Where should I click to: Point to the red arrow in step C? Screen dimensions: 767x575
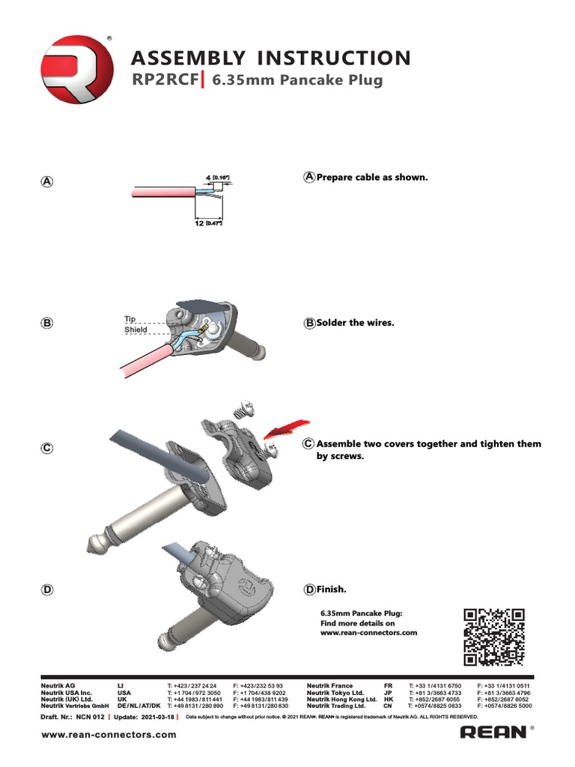(283, 426)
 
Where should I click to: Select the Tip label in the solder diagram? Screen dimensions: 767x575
(130, 320)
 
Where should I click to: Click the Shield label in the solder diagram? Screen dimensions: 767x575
(136, 330)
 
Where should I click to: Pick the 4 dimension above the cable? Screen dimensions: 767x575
(208, 178)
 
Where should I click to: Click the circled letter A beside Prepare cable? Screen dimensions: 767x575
(309, 178)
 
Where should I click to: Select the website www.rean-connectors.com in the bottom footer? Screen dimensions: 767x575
(109, 734)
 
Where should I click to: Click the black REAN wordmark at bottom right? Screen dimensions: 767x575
(493, 732)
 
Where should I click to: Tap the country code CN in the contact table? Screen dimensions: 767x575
(388, 706)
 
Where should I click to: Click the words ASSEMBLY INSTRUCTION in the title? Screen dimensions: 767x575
(270, 58)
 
